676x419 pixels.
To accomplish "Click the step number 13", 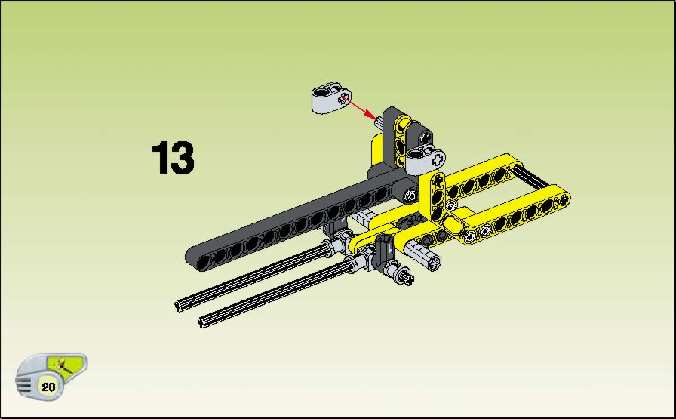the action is [173, 158].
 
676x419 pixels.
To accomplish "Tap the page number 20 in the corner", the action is [48, 387].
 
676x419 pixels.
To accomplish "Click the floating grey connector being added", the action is [330, 97].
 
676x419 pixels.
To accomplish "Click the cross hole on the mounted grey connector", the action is [438, 159].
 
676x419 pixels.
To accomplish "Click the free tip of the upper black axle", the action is [178, 306].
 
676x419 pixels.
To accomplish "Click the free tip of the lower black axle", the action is [201, 322].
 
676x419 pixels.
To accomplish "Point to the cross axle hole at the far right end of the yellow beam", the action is [564, 199].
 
